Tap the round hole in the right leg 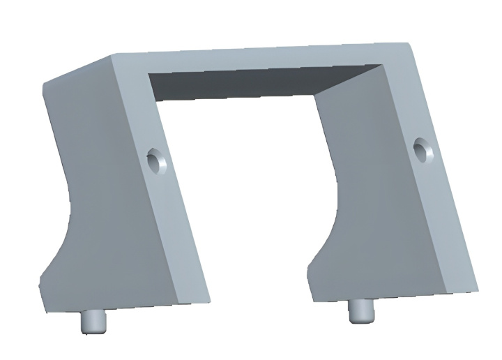coord(421,148)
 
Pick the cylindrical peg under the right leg coord(360,310)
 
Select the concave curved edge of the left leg coord(70,202)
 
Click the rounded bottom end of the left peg coord(92,331)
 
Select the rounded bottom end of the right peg coord(360,319)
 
